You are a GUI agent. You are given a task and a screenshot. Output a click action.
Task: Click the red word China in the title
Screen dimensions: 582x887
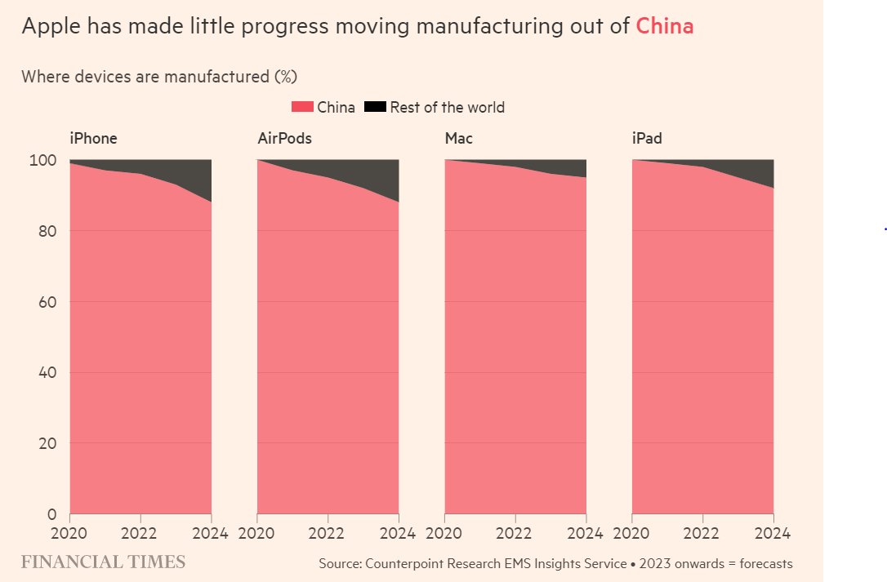[664, 26]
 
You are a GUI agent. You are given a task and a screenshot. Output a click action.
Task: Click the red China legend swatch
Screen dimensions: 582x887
[302, 107]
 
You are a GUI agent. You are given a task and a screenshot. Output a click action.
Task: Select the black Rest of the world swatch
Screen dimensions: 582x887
[375, 107]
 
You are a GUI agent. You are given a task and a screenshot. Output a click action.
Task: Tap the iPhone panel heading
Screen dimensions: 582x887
[92, 139]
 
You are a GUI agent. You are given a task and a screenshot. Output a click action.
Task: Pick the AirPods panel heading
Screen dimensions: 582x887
[284, 139]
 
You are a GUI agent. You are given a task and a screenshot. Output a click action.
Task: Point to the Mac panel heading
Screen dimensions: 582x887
[458, 139]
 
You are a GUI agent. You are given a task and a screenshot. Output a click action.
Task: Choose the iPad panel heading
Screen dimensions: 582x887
[647, 139]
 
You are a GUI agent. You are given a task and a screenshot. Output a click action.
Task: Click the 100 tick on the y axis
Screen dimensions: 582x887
[43, 161]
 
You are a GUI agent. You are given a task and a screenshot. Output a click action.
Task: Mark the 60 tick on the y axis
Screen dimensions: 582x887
[47, 302]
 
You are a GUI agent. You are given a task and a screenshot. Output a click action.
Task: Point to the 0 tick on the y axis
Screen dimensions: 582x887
[51, 514]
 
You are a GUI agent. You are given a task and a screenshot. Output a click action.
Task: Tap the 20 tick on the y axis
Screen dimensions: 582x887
[47, 444]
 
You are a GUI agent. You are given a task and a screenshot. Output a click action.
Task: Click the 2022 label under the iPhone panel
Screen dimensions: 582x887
[140, 534]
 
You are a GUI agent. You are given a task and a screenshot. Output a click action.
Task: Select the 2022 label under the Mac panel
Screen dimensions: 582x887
[515, 534]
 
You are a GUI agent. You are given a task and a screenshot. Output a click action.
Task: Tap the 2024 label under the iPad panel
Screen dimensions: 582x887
[771, 534]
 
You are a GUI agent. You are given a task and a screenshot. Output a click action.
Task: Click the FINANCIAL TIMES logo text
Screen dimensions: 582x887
[103, 562]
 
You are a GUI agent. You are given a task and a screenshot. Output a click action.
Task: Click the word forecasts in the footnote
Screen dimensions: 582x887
[761, 564]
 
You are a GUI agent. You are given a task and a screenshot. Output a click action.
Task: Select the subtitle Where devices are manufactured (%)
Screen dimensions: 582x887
[159, 77]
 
